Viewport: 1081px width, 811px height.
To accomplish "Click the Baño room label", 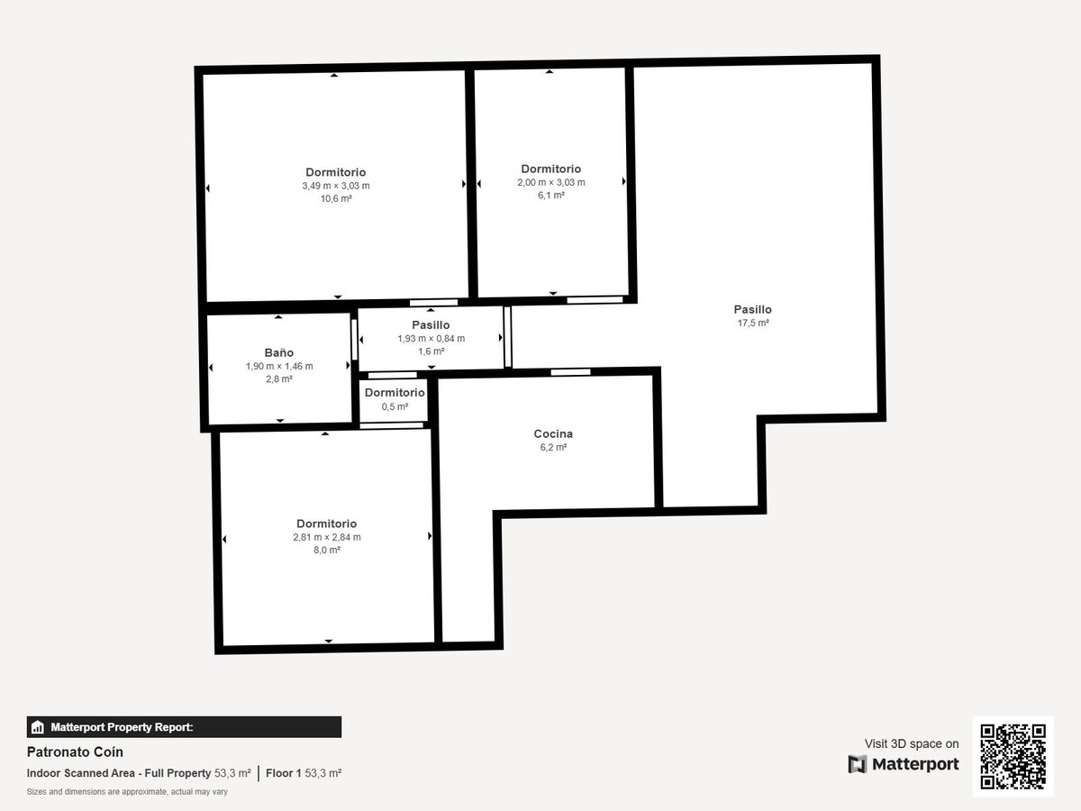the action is click(278, 352).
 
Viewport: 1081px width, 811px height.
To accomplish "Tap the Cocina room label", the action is click(553, 433).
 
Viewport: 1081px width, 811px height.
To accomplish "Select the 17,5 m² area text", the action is click(753, 323).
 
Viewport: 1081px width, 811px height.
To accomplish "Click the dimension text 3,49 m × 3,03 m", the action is click(336, 186).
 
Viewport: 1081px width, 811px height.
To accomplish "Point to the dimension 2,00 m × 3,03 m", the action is click(551, 182).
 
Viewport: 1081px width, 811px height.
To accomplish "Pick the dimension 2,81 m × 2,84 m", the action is click(327, 537).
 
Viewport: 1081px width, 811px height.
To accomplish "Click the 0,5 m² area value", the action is click(395, 406).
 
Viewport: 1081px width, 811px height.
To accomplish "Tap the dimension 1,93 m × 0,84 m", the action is click(431, 338).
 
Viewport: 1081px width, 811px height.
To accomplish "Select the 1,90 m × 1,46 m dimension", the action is click(279, 366).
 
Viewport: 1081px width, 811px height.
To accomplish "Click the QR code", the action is click(1013, 756).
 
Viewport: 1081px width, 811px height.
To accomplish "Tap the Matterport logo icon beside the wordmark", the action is click(858, 764).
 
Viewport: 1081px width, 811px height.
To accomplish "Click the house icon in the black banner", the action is click(38, 727).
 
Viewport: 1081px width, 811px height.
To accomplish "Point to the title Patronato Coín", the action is click(75, 752).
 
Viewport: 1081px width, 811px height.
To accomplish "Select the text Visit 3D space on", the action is click(912, 743).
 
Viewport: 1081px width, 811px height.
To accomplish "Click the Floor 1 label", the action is click(283, 773).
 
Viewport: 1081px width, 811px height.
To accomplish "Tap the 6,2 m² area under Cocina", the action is click(553, 447).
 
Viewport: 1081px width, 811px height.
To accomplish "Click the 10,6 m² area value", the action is click(336, 198).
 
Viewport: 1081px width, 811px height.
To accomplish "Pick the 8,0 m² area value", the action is click(327, 550).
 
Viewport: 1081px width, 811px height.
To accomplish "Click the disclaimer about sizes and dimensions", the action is click(127, 792).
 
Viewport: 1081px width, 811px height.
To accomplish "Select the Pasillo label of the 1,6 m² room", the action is click(431, 325).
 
